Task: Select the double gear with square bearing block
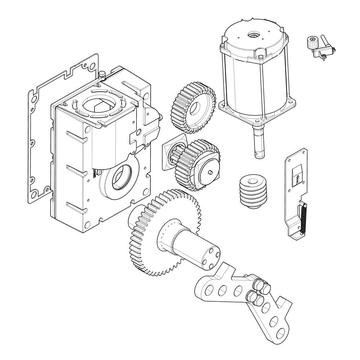click(193, 164)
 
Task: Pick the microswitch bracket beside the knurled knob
click(324, 52)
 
